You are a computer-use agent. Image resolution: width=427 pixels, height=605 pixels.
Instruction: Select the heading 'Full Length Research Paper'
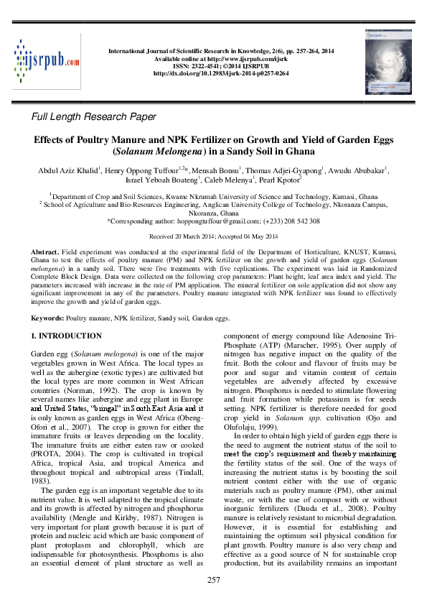(94, 116)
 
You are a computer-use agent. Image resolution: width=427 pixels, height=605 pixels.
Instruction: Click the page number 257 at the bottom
(213, 580)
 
